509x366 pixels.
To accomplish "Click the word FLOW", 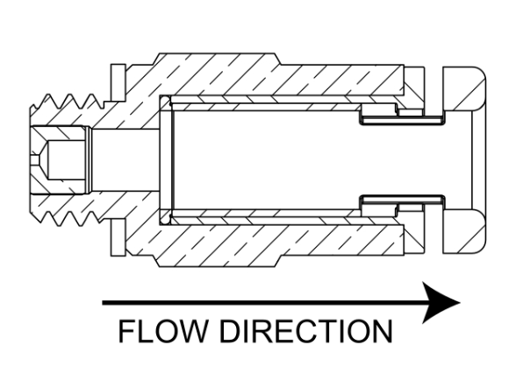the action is pyautogui.click(x=163, y=331).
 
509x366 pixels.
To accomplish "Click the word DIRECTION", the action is pyautogui.click(x=306, y=331).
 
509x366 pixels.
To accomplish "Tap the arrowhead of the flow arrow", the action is pyautogui.click(x=441, y=302).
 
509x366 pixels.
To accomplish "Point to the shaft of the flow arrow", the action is pyautogui.click(x=263, y=303).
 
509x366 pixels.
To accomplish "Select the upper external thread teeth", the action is pyautogui.click(x=68, y=102).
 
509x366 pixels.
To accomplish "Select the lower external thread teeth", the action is pyautogui.click(x=68, y=219).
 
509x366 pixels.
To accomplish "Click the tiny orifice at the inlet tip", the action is pyautogui.click(x=35, y=160).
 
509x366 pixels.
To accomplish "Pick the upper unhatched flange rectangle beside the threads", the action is pyautogui.click(x=118, y=82).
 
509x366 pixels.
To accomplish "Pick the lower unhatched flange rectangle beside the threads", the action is pyautogui.click(x=118, y=237).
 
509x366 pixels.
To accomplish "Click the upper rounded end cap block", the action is pyautogui.click(x=464, y=88).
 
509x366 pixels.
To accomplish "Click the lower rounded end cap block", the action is pyautogui.click(x=464, y=231).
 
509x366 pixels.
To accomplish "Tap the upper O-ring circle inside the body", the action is pyautogui.click(x=165, y=101).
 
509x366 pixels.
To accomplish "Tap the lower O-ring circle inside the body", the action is pyautogui.click(x=165, y=219).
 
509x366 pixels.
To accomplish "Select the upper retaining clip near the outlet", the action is pyautogui.click(x=403, y=121).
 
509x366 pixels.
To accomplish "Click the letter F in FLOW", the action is pyautogui.click(x=125, y=331).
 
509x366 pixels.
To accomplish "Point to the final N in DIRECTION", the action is pyautogui.click(x=383, y=331).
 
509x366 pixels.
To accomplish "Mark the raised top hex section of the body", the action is pyautogui.click(x=218, y=59).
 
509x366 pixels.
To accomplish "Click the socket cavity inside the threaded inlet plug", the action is pyautogui.click(x=65, y=160).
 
